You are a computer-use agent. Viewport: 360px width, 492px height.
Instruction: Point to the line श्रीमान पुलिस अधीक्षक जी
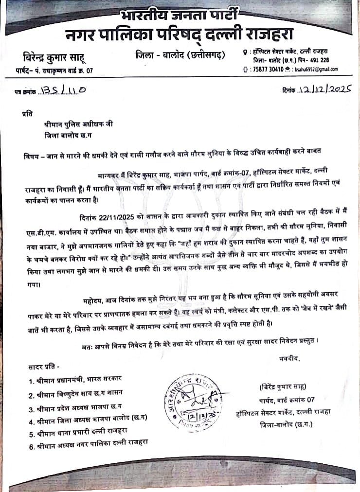[x=77, y=124]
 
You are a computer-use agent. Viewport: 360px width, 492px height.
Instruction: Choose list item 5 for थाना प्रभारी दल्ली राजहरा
[x=86, y=431]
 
